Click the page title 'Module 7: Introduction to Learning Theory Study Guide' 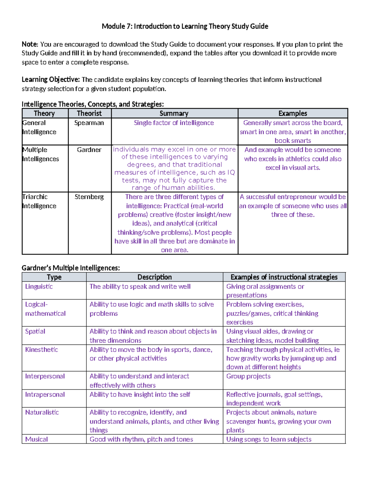(x=185, y=26)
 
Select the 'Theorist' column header (x=89, y=113)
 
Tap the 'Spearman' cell (x=89, y=123)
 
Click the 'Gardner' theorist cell (x=89, y=150)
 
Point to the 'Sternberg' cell (x=89, y=197)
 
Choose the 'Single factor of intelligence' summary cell (x=174, y=123)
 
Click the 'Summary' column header (x=174, y=113)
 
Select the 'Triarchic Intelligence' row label (x=39, y=201)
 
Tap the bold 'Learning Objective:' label (x=51, y=80)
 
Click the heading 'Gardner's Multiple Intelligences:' (x=71, y=268)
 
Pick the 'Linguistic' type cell (x=39, y=287)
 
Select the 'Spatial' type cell (x=35, y=331)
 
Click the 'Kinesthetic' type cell (x=42, y=349)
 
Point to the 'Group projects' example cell (x=248, y=376)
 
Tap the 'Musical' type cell (x=36, y=439)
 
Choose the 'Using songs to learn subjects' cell (x=269, y=439)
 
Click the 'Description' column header (x=154, y=277)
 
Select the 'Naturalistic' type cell (x=42, y=412)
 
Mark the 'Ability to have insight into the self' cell (x=140, y=394)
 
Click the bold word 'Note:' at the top (x=30, y=44)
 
